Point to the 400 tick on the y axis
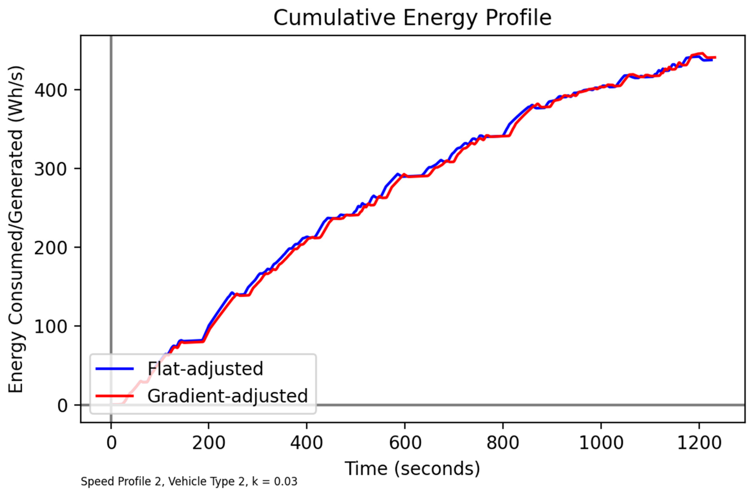tap(51, 90)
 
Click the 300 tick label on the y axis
tap(51, 169)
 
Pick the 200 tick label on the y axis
tap(51, 248)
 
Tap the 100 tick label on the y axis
tap(51, 327)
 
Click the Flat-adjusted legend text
tap(205, 368)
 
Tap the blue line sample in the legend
tap(115, 368)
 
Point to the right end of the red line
tap(715, 57)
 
